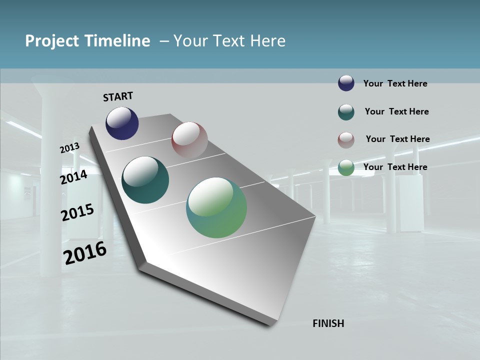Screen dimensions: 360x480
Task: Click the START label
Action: [118, 96]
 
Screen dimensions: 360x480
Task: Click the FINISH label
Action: [328, 323]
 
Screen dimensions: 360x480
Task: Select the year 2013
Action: [69, 148]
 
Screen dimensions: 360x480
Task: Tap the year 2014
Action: [73, 177]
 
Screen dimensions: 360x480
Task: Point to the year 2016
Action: [85, 253]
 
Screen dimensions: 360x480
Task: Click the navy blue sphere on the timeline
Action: [122, 123]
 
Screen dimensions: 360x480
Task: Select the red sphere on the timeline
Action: [189, 139]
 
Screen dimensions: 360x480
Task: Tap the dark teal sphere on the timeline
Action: [145, 180]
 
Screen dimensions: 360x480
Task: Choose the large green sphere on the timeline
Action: [216, 207]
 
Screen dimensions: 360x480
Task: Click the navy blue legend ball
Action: [346, 83]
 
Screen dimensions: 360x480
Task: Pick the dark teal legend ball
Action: [346, 112]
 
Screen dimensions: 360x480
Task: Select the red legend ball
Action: [346, 140]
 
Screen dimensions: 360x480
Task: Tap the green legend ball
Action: [346, 167]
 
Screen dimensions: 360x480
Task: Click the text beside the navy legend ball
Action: [395, 83]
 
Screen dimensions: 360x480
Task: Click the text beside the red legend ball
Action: [397, 139]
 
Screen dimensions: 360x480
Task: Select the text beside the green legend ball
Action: [395, 167]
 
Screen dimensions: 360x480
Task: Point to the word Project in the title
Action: [52, 41]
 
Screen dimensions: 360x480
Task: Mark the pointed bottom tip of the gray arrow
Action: [270, 324]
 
